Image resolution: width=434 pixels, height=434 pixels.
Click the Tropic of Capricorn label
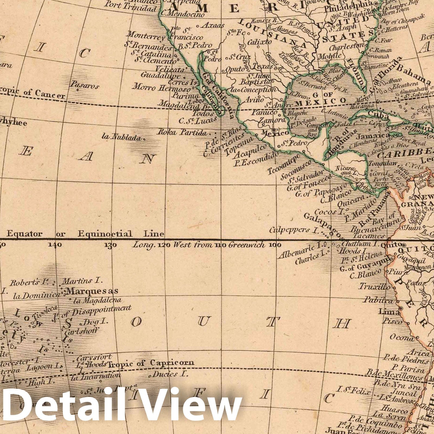point(151,363)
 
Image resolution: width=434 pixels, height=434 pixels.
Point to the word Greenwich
point(247,245)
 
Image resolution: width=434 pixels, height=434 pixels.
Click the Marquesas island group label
point(92,291)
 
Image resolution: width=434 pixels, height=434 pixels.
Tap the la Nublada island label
point(121,137)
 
